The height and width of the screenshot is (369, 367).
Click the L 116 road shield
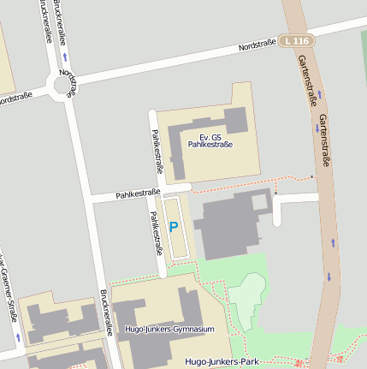299,40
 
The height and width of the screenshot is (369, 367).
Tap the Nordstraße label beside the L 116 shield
257,45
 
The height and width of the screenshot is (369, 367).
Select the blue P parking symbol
174,227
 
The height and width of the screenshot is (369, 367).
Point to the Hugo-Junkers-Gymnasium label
169,329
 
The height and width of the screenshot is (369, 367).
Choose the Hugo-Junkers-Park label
222,362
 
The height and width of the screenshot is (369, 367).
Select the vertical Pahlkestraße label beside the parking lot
157,234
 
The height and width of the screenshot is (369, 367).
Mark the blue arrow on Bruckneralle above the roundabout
65,57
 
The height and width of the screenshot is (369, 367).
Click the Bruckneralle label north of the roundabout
45,21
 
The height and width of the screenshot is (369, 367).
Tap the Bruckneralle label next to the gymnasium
108,309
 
